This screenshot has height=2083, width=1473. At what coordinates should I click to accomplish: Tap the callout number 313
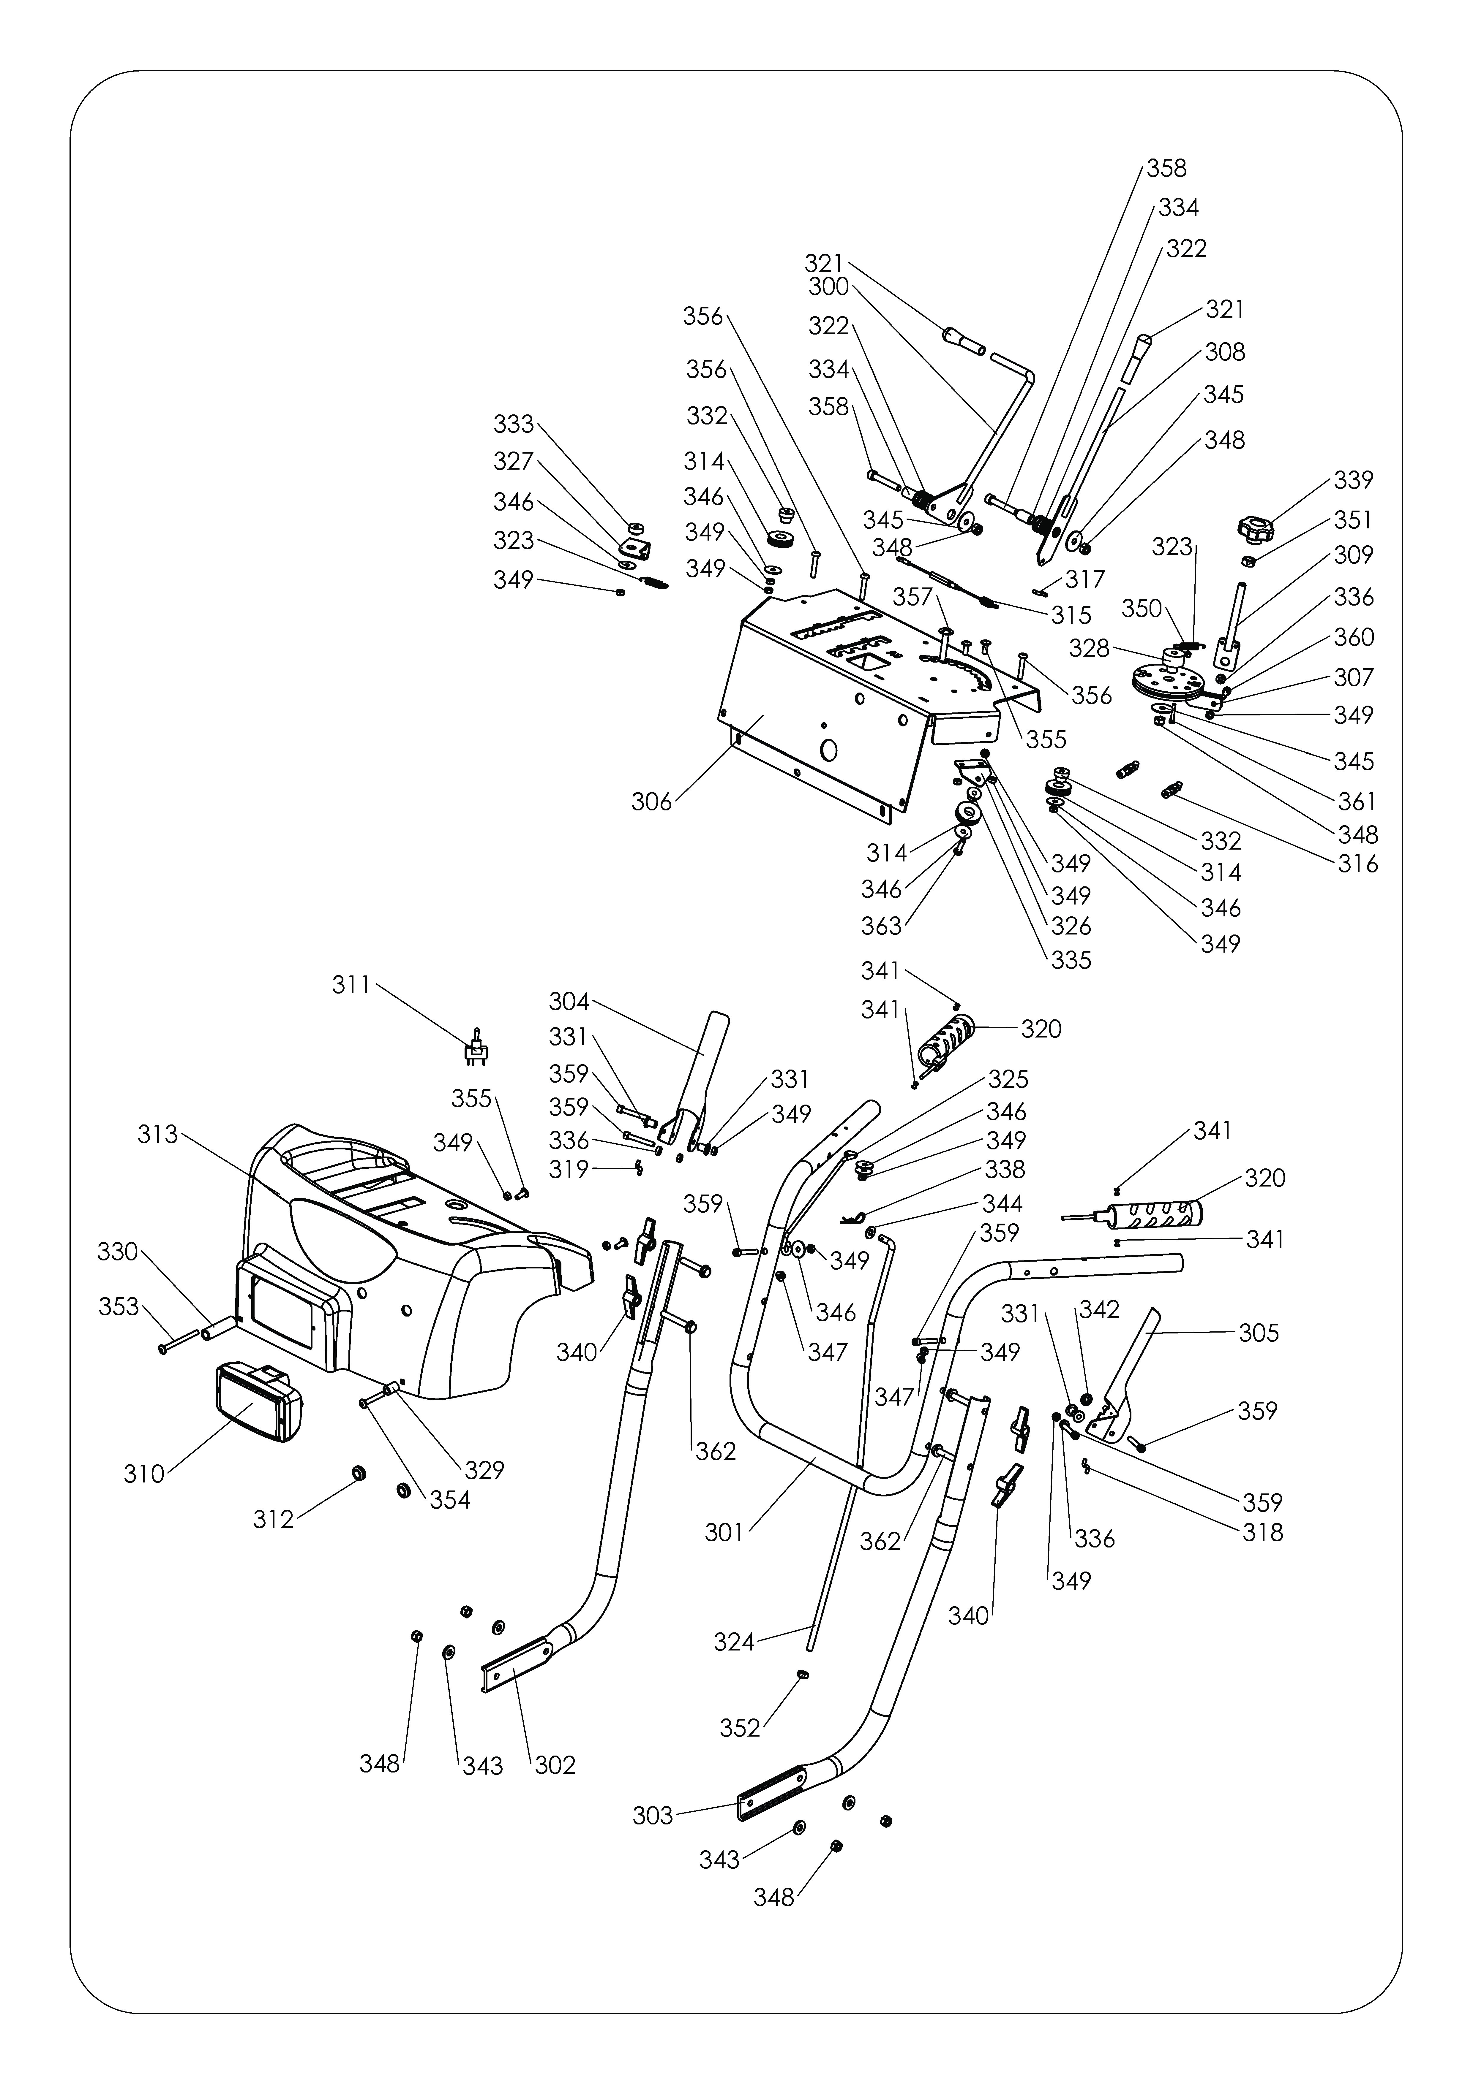158,1135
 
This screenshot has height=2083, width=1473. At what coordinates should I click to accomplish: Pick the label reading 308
1225,352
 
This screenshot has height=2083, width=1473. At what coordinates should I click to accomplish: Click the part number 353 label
119,1307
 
